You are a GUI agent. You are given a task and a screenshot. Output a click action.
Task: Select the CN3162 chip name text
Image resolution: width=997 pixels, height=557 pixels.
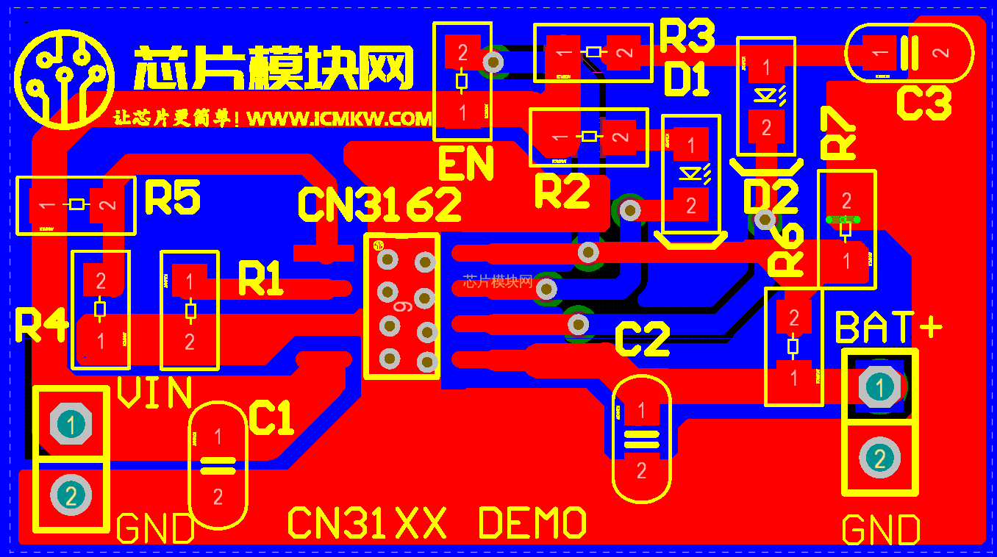379,204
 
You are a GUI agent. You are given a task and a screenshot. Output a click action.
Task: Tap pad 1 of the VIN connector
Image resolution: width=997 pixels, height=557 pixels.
71,424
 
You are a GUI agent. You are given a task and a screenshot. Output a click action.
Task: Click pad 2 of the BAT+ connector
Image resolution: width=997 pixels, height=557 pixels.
879,458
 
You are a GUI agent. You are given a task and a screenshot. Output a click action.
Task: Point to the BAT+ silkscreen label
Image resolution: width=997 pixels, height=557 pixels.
889,328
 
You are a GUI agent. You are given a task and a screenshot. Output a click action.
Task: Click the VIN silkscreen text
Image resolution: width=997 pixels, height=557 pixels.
155,393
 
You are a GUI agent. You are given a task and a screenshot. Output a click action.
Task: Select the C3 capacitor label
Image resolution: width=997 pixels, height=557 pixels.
924,103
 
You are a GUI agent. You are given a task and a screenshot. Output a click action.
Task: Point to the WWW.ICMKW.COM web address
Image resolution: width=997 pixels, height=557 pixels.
339,118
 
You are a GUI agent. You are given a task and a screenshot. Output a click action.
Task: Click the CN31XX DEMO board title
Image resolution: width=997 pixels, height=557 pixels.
437,523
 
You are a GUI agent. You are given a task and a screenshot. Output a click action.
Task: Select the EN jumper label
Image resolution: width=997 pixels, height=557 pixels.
465,165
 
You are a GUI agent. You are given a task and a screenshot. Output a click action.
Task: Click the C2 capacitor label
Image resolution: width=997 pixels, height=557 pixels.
642,339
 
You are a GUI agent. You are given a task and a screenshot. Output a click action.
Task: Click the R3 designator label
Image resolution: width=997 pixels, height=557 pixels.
687,36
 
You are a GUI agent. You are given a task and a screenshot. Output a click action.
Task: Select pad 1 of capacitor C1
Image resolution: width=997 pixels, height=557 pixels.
218,436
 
